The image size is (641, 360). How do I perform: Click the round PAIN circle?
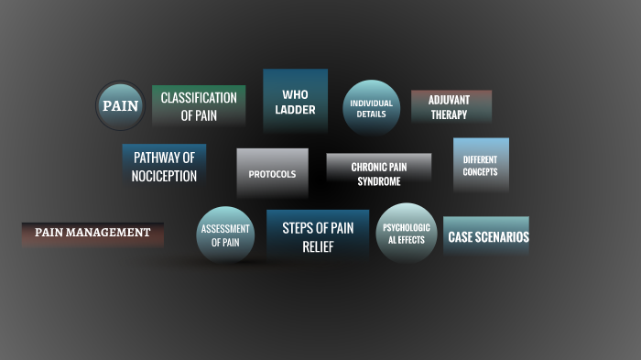(120, 105)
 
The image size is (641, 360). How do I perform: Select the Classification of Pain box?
(199, 106)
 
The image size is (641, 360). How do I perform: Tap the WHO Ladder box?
(295, 102)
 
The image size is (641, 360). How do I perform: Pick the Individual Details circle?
(371, 108)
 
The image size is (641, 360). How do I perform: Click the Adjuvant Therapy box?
(451, 107)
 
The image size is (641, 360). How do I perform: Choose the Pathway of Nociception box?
(164, 166)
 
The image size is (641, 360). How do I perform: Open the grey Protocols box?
(272, 173)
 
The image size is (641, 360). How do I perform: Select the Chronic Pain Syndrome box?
(378, 173)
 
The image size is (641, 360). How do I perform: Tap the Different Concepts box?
(481, 165)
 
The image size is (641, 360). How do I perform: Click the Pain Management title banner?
(92, 233)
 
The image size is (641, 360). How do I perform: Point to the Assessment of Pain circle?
(225, 235)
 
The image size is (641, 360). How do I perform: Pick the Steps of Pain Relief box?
(317, 236)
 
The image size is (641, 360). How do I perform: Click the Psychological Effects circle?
(406, 233)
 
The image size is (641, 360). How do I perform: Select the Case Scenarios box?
(486, 236)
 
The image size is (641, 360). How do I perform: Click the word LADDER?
(295, 110)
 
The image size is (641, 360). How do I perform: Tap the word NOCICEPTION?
(164, 176)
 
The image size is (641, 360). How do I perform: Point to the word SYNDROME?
(378, 181)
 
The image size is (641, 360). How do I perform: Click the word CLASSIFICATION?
(199, 98)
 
